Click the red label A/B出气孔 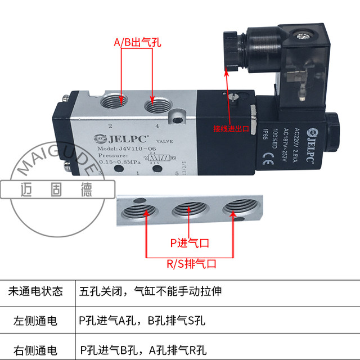coord(137,42)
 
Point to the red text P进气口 coord(190,243)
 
